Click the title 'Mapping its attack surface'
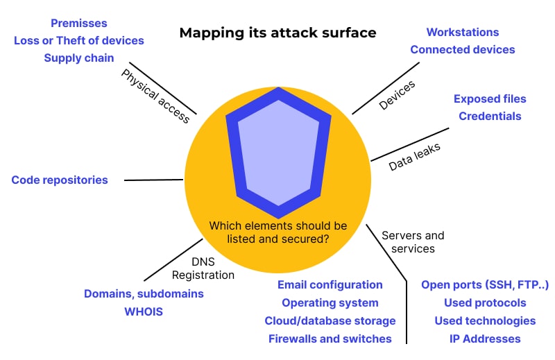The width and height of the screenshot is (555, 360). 277,33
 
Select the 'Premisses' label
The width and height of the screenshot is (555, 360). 79,24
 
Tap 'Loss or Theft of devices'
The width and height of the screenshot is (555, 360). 79,40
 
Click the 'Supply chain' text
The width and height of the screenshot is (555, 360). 79,58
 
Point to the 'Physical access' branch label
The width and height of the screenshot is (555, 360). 155,96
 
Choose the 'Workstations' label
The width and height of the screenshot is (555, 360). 462,32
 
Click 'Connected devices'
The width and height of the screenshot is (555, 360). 462,49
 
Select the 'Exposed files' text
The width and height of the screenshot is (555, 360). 490,98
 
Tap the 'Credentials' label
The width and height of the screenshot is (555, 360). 490,116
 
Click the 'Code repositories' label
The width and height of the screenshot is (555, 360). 60,180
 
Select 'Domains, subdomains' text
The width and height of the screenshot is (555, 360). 144,293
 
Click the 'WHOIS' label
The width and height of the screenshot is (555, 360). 144,311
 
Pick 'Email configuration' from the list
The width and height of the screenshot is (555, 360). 330,284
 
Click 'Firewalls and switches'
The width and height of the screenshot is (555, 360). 330,338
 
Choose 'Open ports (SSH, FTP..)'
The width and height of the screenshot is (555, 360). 485,284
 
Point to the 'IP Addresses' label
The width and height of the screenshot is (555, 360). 485,338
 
